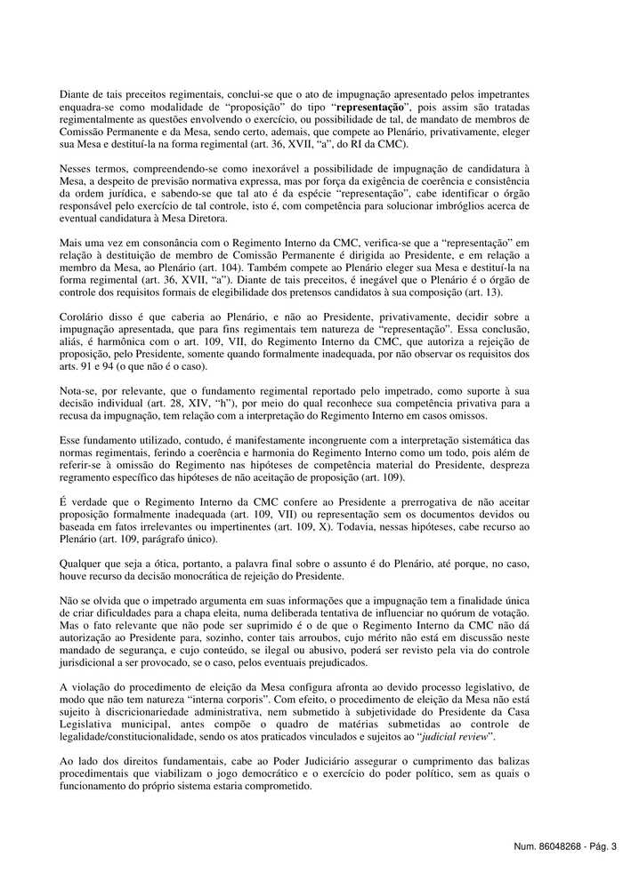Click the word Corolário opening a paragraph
(81, 316)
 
